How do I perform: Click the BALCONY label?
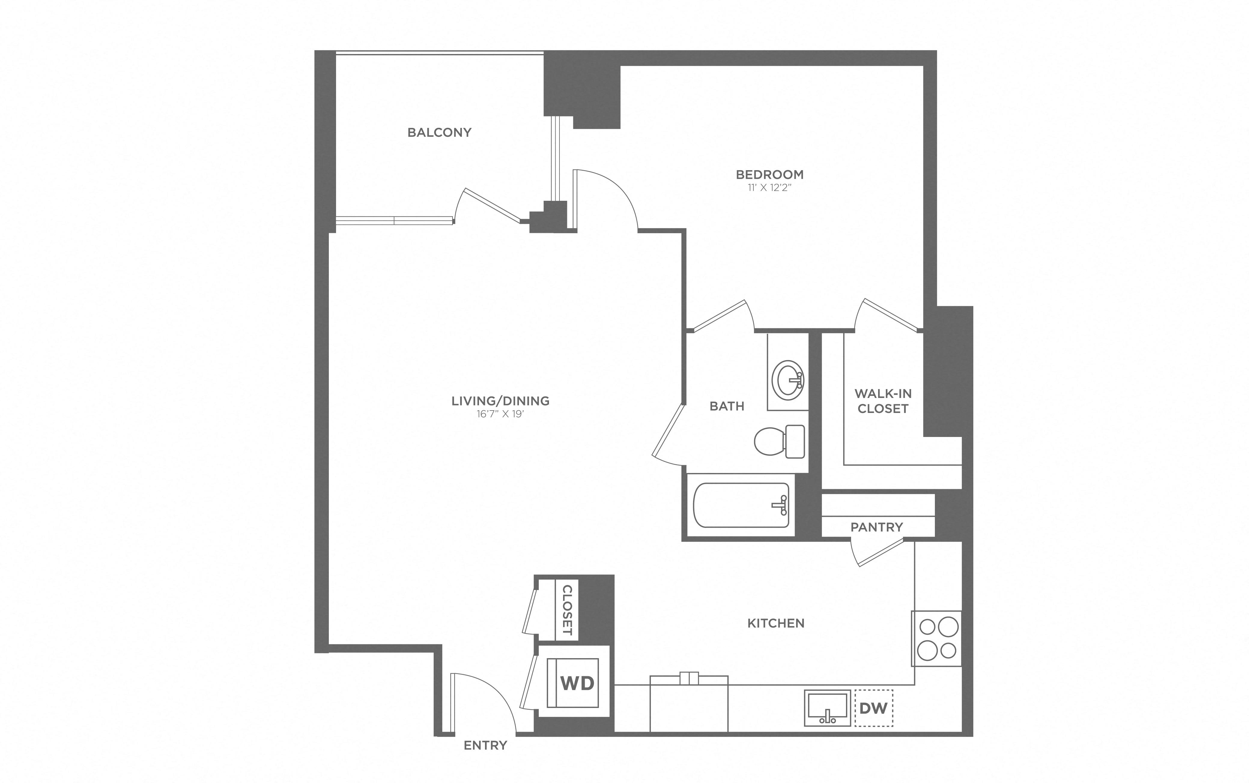click(439, 133)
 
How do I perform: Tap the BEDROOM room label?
click(769, 175)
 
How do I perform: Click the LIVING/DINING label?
click(500, 401)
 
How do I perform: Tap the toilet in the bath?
click(779, 441)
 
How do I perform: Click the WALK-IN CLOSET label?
click(883, 401)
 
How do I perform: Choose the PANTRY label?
click(877, 527)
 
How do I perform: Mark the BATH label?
click(727, 407)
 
